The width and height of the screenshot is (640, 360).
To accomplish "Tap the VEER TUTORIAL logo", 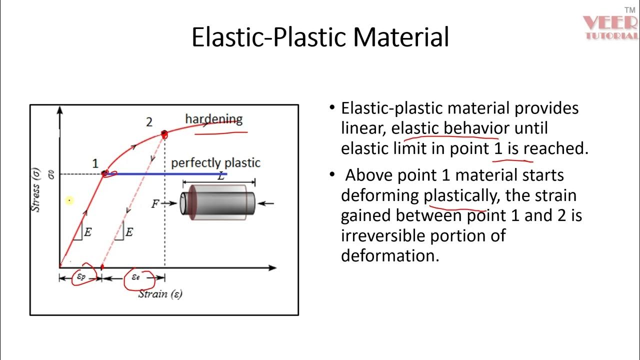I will point(610,27).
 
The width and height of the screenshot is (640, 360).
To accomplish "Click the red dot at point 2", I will point(164,133).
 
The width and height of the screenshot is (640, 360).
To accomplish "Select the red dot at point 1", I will point(105,173).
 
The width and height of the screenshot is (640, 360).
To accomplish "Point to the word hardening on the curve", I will point(213,119).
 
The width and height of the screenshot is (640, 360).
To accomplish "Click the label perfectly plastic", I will point(215,163).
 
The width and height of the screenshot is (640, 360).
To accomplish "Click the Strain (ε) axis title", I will point(160,293).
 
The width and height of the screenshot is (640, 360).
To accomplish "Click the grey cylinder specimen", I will point(218,202).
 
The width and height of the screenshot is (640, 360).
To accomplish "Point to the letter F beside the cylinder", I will point(155,203).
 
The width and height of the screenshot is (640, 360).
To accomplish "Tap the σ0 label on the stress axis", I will point(51,174).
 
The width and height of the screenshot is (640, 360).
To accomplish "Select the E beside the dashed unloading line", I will point(129,232).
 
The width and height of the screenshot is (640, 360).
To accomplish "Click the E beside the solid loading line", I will point(87,232).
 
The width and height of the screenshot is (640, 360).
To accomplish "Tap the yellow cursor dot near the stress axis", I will point(69,200).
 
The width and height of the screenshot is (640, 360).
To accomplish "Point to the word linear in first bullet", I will point(362,128).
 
